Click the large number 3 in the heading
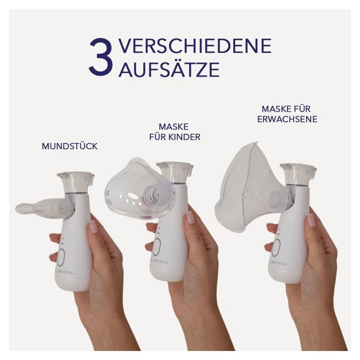pos(101,57)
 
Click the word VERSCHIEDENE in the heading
pos(195,46)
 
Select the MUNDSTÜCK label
pos(69,146)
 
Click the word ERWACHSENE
pos(287,119)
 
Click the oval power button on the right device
pos(276,248)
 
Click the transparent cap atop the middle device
pos(175,172)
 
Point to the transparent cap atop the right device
pos(298,174)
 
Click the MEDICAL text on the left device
pos(66,272)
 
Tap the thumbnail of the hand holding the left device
pos(93,226)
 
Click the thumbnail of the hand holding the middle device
pos(191,217)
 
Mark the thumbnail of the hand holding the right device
pos(311,220)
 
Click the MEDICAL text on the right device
pos(278,263)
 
